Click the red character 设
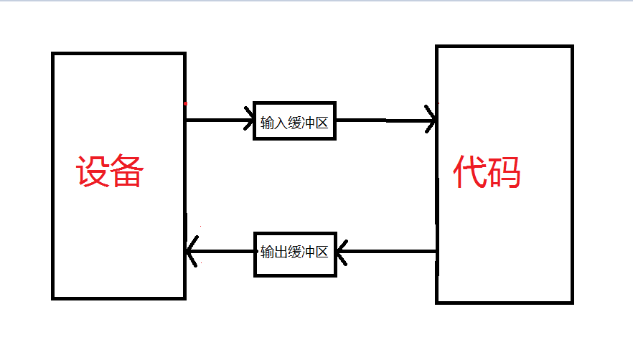[x=93, y=172]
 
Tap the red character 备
[x=128, y=172]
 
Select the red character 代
[x=470, y=172]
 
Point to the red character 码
[x=505, y=172]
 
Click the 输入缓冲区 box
[x=294, y=121]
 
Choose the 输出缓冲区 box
[x=295, y=253]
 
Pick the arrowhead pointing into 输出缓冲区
[x=342, y=251]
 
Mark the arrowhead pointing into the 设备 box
[x=191, y=251]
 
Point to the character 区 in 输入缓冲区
[x=322, y=123]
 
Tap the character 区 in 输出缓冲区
[x=322, y=252]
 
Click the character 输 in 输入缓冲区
[x=267, y=123]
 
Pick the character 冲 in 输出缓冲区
[x=308, y=252]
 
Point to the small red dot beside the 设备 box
[x=186, y=104]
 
